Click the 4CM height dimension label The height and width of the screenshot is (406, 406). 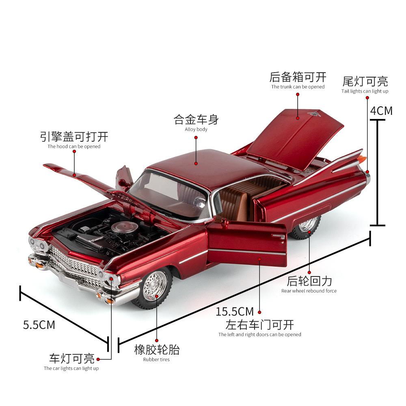tap(381, 111)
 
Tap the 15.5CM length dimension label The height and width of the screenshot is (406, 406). tap(235, 311)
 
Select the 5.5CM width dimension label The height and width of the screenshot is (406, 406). tap(39, 325)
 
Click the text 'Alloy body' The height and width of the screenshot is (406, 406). tap(196, 129)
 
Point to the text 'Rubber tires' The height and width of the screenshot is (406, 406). tap(156, 359)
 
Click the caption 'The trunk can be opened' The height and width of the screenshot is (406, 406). tap(298, 87)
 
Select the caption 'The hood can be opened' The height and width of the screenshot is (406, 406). tap(74, 146)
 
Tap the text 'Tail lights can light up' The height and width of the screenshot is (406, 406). tap(365, 91)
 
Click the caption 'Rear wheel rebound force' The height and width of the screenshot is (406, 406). tap(309, 291)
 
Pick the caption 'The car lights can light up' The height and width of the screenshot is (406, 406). tap(71, 368)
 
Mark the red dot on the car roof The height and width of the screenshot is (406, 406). tap(196, 164)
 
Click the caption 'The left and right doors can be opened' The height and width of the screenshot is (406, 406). tap(260, 334)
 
